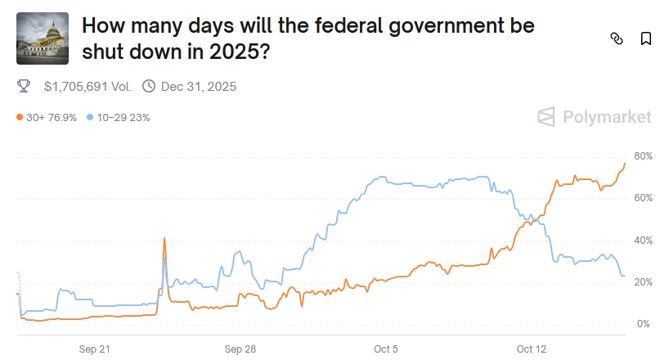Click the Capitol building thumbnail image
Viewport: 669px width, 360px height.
43,38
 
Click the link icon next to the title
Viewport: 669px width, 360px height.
617,38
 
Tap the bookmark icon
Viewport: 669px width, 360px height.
645,38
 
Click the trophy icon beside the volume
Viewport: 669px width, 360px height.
24,86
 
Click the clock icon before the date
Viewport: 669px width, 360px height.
149,86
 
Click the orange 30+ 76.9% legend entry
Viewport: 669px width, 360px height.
47,117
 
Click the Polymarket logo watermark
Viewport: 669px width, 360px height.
595,117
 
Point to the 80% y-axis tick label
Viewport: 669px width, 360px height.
642,156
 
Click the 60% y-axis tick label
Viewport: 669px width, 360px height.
642,198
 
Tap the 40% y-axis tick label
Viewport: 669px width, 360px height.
642,241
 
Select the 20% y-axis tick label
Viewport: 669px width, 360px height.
642,282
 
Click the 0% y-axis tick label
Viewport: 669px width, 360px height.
642,324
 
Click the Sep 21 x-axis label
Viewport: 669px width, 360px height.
94,349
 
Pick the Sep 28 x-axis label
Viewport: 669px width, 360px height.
240,349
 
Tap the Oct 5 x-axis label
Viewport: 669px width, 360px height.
385,349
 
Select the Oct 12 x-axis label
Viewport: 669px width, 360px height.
532,349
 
